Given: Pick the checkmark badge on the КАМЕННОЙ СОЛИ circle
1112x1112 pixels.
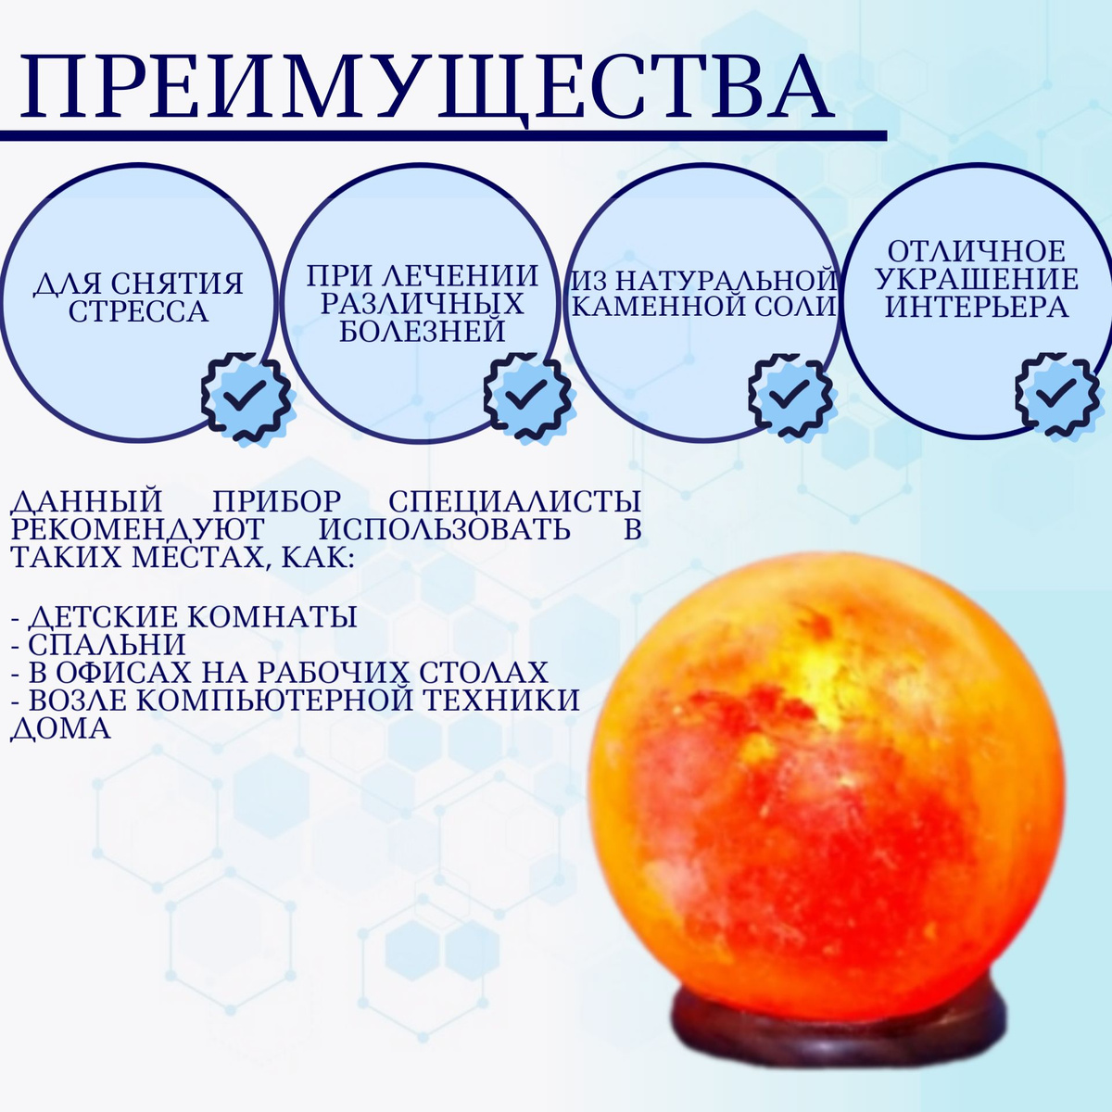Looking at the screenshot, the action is [x=791, y=397].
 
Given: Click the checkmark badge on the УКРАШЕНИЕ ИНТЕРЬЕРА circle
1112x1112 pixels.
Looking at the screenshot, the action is [x=1058, y=397].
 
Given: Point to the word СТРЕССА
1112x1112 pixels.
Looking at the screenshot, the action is [x=138, y=311].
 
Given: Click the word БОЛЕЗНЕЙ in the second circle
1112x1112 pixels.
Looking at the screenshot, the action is [x=422, y=331].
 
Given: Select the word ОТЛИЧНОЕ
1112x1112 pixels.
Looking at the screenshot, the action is [x=977, y=252].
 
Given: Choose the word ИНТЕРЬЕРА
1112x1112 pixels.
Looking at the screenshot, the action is [x=977, y=307].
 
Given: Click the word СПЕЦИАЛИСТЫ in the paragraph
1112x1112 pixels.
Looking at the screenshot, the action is [x=514, y=501].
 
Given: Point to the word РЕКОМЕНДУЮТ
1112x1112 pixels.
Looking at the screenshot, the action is [x=137, y=528].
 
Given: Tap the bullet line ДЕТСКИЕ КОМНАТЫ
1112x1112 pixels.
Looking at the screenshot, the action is [x=184, y=617].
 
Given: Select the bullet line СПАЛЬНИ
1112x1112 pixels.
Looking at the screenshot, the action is [x=98, y=645].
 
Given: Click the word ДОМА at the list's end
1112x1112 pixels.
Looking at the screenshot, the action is [x=60, y=728].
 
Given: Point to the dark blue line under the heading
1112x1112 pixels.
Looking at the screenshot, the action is [x=443, y=135].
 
